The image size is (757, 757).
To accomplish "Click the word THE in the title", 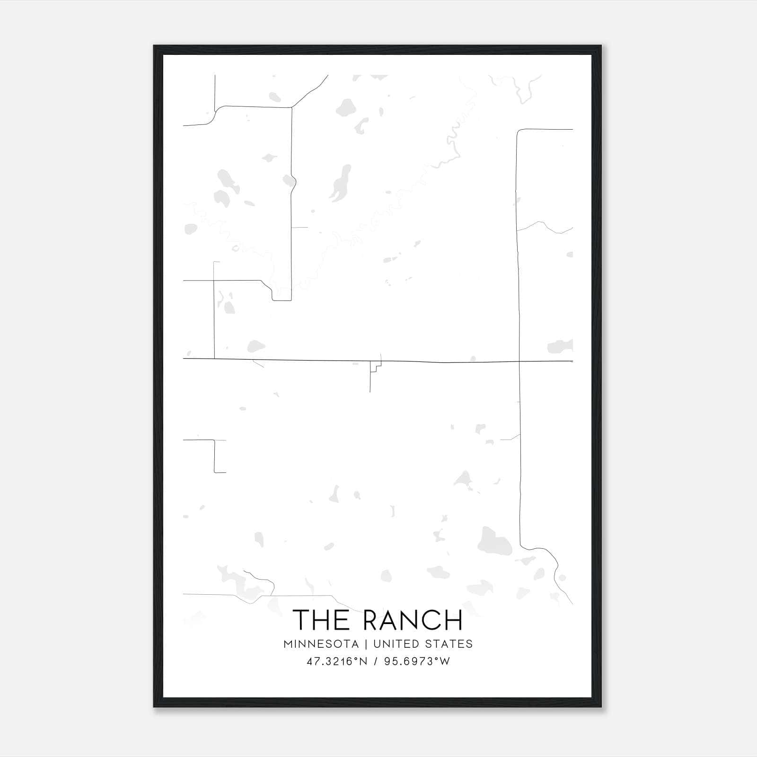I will coord(322,620).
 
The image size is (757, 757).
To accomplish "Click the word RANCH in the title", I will coord(413,620).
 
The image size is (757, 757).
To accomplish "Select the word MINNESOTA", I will coord(321,644).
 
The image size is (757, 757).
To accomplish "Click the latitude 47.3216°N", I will coord(336,661).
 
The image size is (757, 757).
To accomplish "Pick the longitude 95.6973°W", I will coord(417,661).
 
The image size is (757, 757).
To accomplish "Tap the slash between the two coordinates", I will coord(376,661).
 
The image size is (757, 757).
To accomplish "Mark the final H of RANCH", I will coord(453,620).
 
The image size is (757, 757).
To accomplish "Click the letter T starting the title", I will coord(302,620).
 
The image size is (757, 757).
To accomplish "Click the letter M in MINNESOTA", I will coord(288,644).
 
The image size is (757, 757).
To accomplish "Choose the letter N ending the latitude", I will coord(363,661).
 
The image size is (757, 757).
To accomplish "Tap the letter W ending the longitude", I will coord(445,661).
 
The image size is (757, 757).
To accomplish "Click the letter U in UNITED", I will coord(377,644).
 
